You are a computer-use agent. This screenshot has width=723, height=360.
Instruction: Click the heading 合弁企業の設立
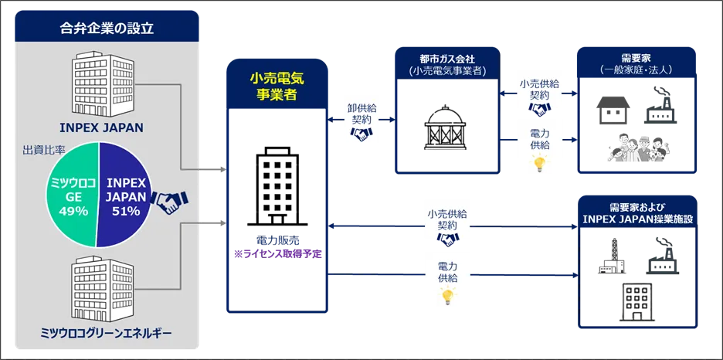[107, 29]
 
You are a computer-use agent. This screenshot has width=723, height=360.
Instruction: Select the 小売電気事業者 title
[277, 86]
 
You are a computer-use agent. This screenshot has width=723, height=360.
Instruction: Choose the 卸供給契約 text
[361, 114]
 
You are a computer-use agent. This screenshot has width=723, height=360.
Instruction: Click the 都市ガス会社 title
[447, 58]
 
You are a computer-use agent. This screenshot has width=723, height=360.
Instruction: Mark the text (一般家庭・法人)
[635, 70]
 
